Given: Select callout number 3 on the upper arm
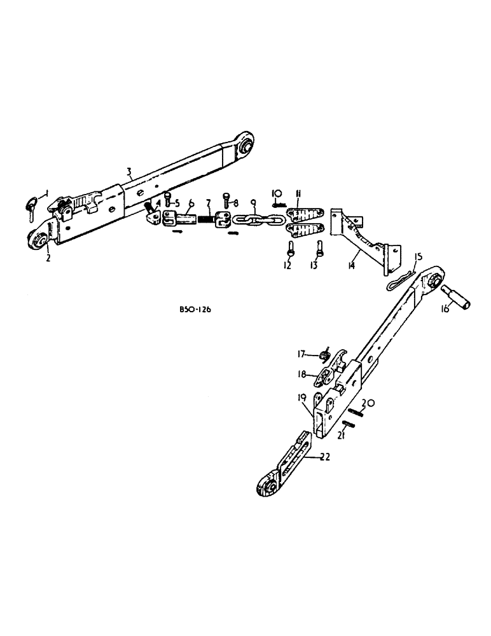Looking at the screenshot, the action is click(128, 170).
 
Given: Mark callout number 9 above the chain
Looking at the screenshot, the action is click(253, 203).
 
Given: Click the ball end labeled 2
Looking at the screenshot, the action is click(36, 241).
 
